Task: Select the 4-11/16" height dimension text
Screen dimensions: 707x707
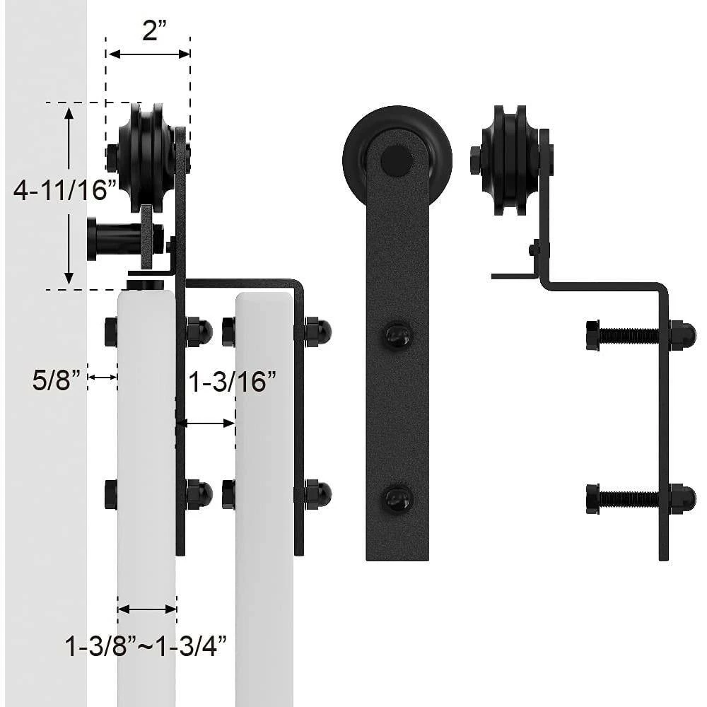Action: [64, 190]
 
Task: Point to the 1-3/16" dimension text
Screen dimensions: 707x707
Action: [231, 382]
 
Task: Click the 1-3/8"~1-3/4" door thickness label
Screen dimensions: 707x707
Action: [146, 645]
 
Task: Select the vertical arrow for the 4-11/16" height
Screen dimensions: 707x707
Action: [69, 195]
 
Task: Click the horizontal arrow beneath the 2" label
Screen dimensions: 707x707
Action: [148, 54]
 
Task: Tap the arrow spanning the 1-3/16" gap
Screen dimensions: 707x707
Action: [205, 423]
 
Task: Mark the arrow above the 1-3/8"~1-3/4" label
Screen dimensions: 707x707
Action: [147, 609]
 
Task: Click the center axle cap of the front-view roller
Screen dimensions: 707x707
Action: [396, 160]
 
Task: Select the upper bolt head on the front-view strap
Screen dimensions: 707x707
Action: [397, 335]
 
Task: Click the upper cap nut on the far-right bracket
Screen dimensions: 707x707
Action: [682, 335]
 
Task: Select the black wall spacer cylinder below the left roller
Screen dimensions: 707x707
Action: [113, 239]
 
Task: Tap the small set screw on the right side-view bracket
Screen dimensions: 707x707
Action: [534, 249]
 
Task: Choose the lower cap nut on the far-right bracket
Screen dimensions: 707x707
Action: [682, 499]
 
